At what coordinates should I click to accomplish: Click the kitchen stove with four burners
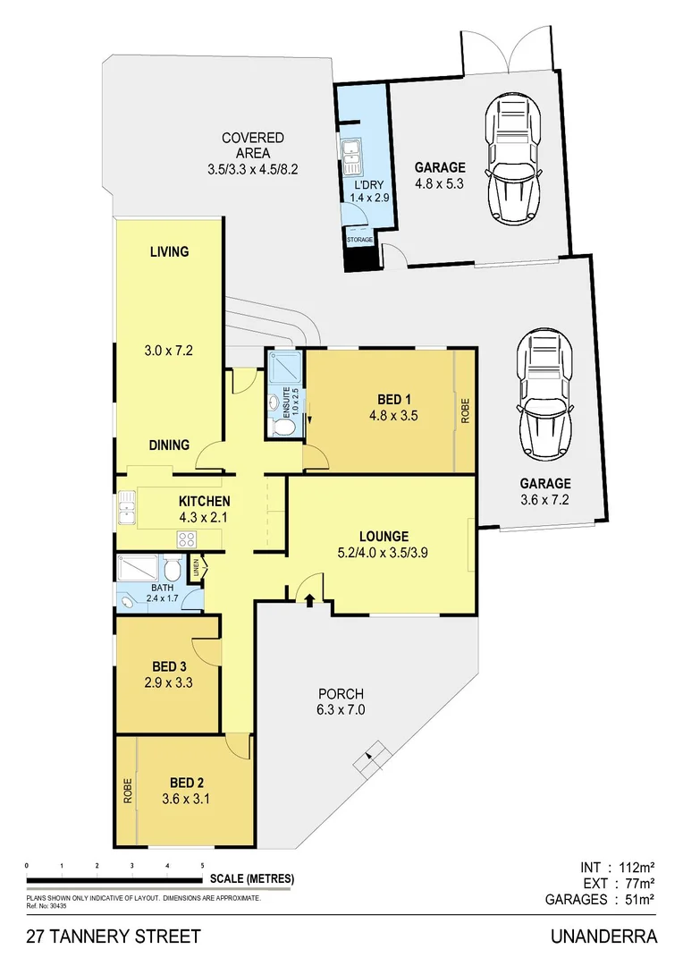pyautogui.click(x=188, y=538)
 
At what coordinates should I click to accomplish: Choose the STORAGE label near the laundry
pyautogui.click(x=360, y=240)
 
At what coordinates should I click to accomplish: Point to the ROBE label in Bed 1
pyautogui.click(x=464, y=410)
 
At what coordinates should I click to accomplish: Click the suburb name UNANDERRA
pyautogui.click(x=604, y=937)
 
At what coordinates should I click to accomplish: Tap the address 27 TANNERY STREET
pyautogui.click(x=114, y=937)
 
